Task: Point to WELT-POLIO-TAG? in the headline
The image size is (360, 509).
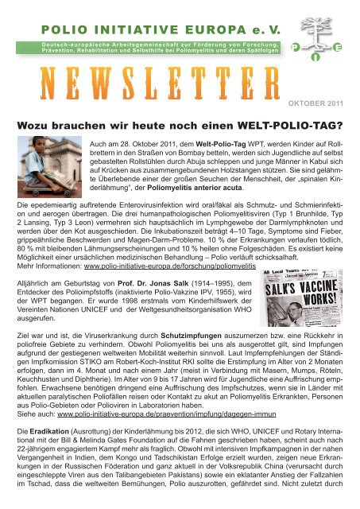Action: click(x=278, y=124)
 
